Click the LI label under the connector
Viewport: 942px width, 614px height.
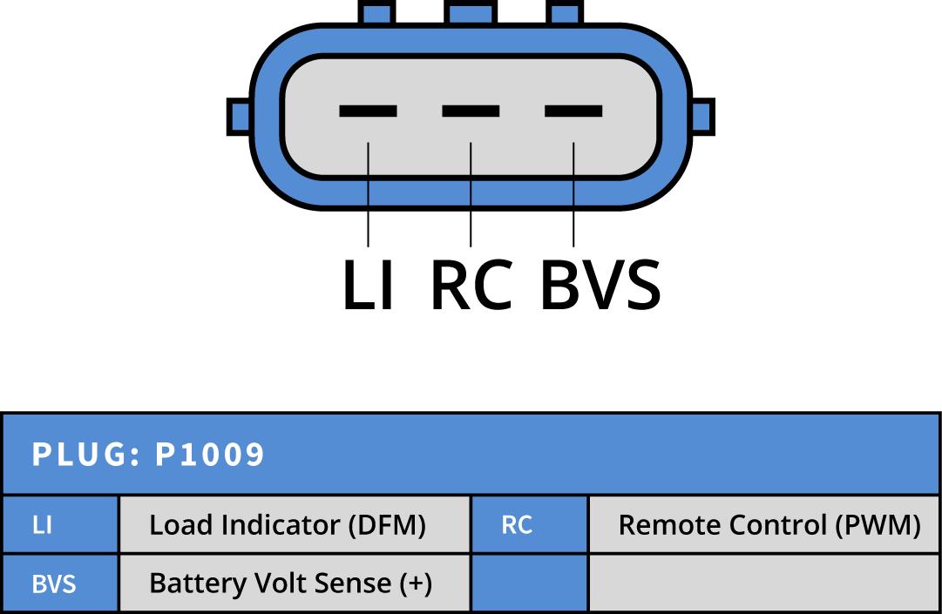point(368,285)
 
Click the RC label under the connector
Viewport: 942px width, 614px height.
point(471,285)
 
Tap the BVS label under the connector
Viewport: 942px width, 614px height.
point(600,285)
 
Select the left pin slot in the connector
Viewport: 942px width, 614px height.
point(368,111)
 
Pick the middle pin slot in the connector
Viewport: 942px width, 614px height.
point(471,111)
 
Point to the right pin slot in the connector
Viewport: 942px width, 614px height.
point(573,111)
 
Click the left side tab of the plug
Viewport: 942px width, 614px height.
point(239,117)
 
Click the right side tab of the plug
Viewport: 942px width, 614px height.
point(702,117)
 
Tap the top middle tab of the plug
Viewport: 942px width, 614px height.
point(471,11)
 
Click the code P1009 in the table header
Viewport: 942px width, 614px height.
point(209,454)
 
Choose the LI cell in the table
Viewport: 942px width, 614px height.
point(60,525)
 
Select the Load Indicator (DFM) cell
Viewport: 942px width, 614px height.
point(294,525)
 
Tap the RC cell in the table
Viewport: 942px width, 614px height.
point(529,525)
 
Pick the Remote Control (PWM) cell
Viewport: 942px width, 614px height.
point(764,525)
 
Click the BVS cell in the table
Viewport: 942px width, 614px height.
point(60,583)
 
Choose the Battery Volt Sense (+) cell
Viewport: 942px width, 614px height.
point(294,583)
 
